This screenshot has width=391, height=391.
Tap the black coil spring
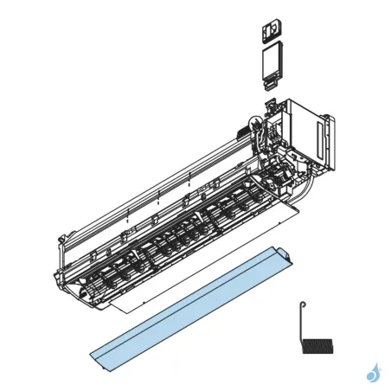tap(317, 345)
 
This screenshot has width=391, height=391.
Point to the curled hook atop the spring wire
tap(301, 304)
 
